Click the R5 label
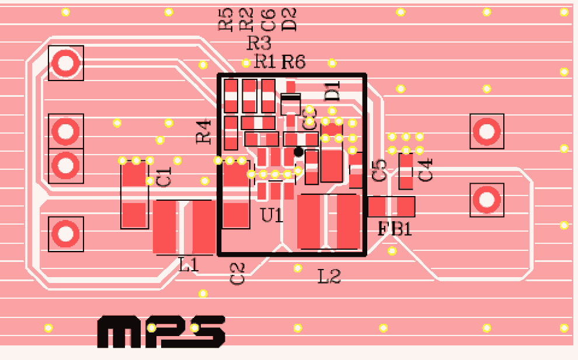225,19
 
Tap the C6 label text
268,19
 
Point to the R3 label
259,43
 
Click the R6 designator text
293,61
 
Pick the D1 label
332,92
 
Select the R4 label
203,131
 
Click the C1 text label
165,176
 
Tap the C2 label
238,273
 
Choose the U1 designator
271,215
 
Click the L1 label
189,265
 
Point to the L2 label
329,276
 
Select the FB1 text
395,229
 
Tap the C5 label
379,169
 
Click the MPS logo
161,333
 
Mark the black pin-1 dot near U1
298,152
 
